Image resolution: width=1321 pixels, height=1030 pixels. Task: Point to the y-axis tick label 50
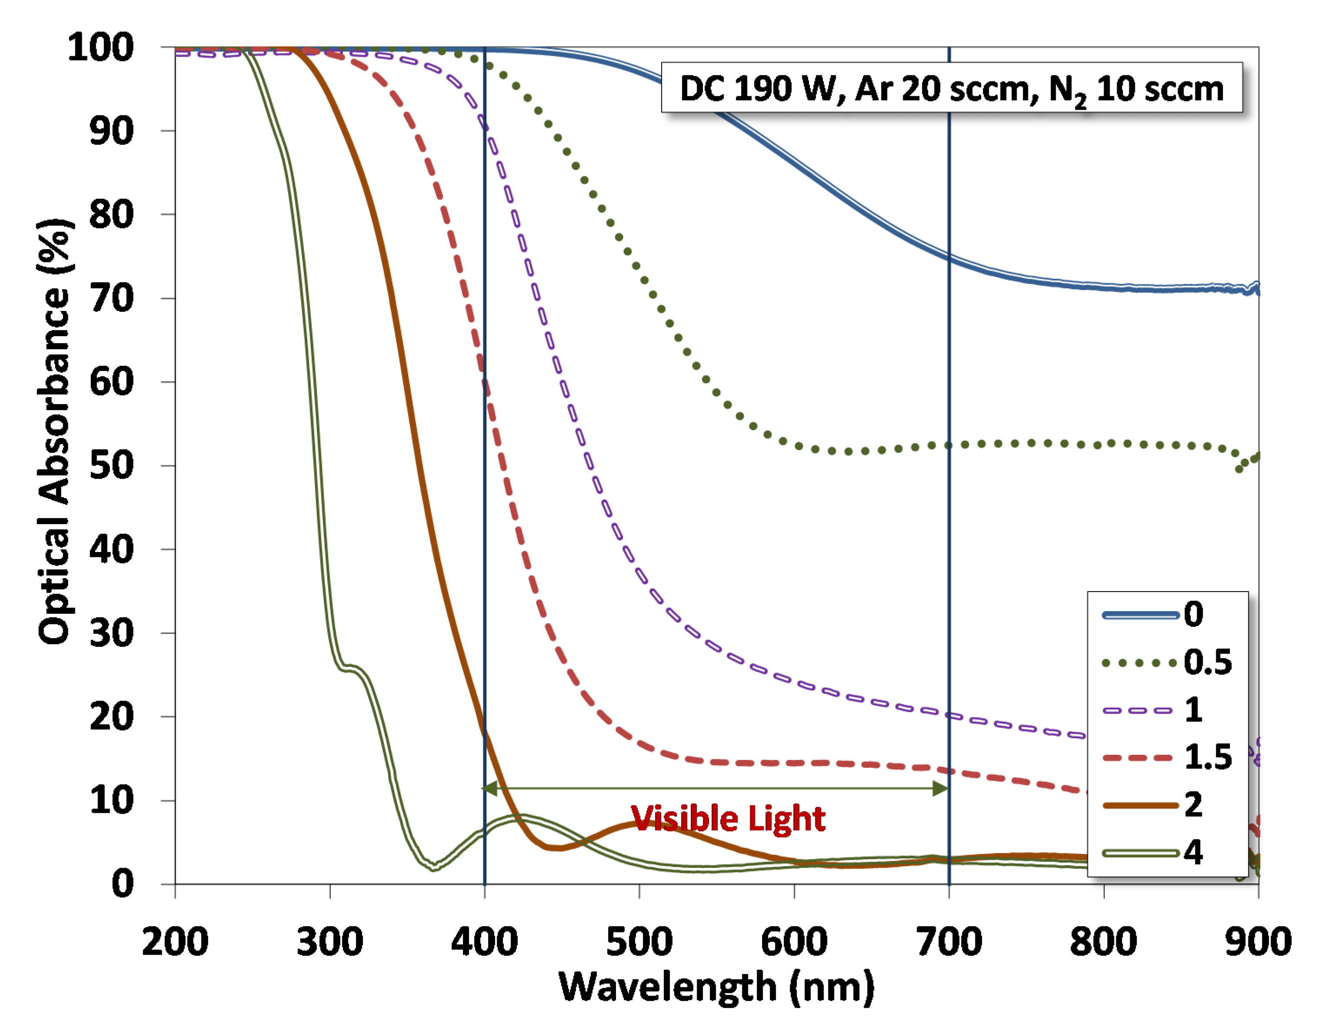tap(111, 466)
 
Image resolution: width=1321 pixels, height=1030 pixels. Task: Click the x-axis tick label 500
tap(639, 942)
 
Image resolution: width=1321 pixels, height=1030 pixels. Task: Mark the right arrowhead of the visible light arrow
tap(941, 788)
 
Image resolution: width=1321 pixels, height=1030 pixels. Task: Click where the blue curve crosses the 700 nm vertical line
tap(949, 257)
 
